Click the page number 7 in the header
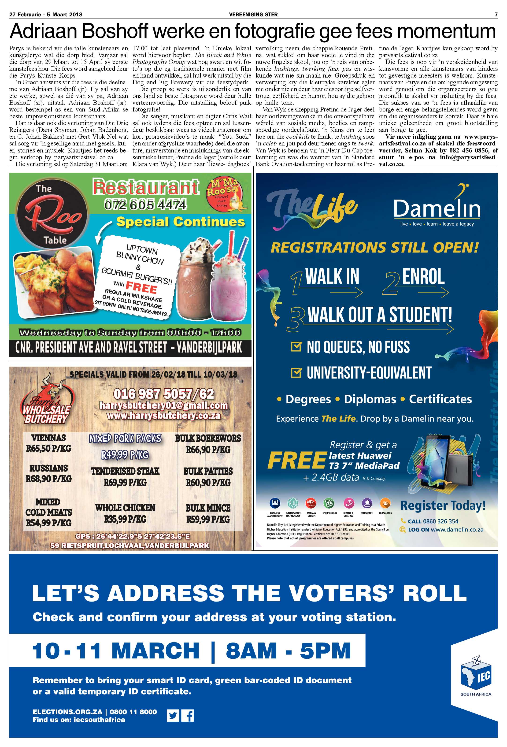tap(496, 15)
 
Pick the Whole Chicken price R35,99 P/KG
tap(125, 519)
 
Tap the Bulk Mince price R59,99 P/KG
tap(208, 519)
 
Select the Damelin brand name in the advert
tap(437, 209)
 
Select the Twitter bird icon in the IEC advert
tap(173, 716)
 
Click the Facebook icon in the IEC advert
tap(188, 716)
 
